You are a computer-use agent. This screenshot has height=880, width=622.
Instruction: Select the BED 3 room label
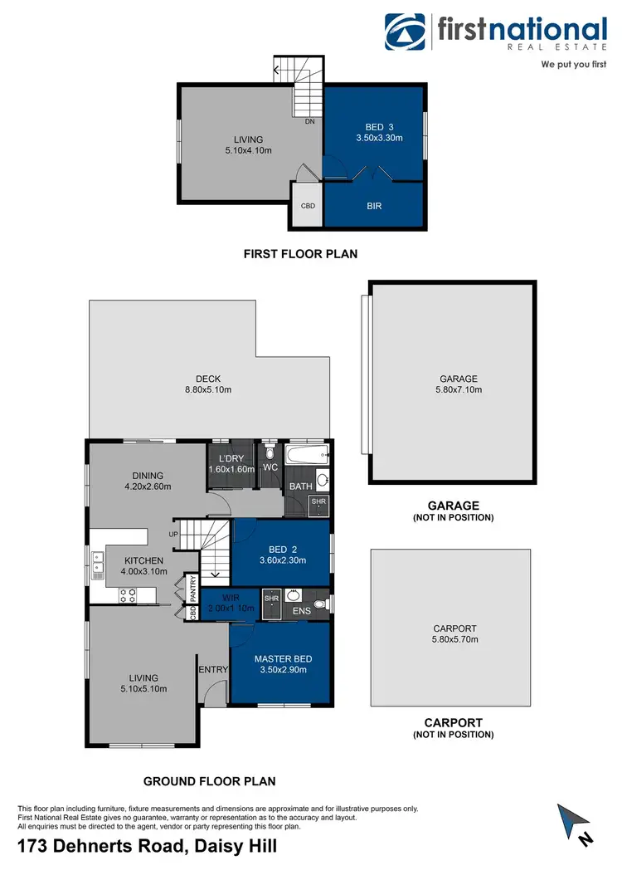[x=373, y=127]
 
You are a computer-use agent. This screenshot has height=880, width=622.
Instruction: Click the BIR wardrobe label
[x=374, y=205]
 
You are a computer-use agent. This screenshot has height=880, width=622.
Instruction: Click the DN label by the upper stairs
[x=309, y=121]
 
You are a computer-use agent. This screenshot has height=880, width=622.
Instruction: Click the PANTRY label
[x=193, y=589]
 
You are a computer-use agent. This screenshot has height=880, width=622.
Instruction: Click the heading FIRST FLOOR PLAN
[x=300, y=254]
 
